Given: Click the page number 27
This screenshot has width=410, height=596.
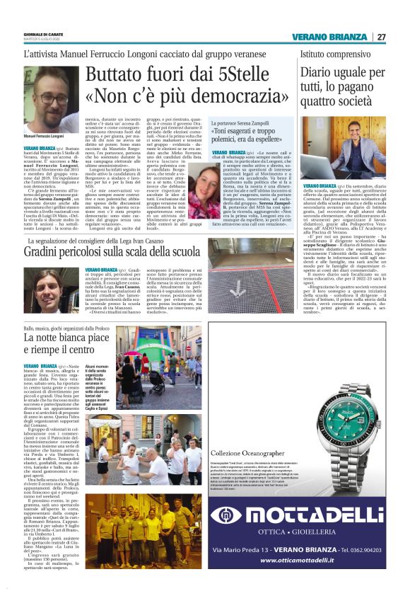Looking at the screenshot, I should (381, 38).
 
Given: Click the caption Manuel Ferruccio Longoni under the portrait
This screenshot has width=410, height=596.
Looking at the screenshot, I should (45, 135).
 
